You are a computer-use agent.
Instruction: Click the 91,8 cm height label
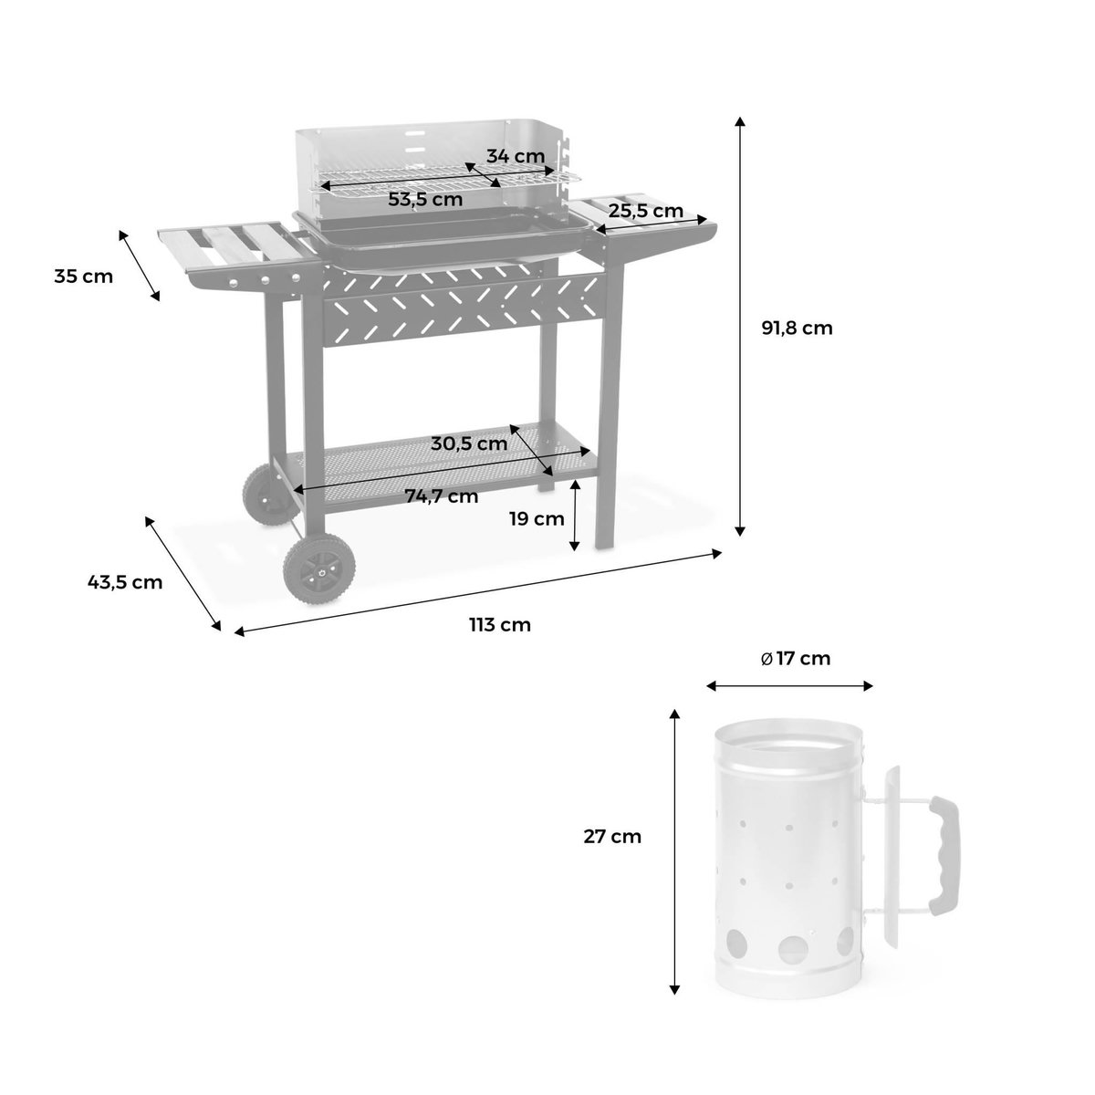(x=797, y=328)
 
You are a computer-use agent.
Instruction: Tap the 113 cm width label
(x=499, y=625)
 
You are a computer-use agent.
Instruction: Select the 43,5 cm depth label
(x=125, y=581)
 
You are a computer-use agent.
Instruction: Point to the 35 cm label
(x=84, y=276)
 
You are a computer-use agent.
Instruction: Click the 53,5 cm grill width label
(x=425, y=198)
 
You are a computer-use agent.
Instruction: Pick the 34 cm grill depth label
(x=515, y=155)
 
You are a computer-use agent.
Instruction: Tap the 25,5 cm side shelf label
(x=646, y=211)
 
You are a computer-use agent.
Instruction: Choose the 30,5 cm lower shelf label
(x=469, y=443)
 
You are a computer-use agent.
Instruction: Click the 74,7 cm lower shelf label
(x=442, y=496)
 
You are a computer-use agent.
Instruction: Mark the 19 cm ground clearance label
(x=537, y=519)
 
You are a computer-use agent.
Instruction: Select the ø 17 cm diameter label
(x=796, y=658)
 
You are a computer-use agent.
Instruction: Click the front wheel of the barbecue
(x=315, y=569)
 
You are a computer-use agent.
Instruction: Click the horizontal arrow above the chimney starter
(x=790, y=686)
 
